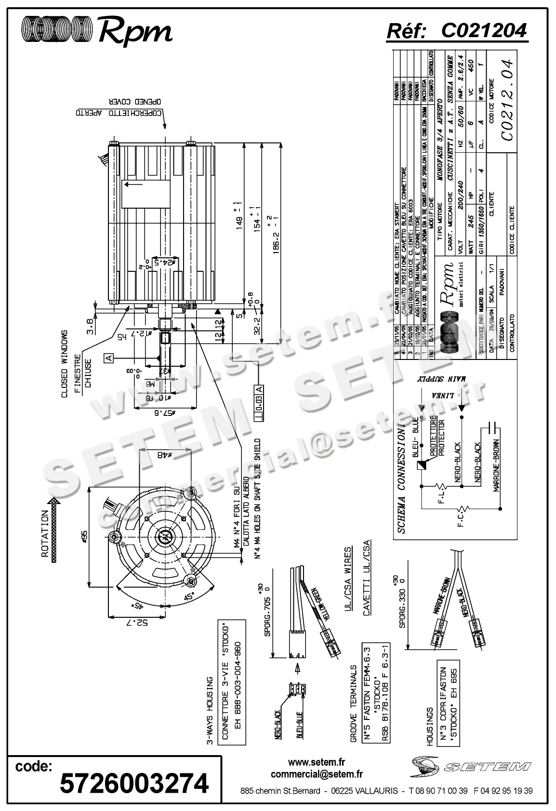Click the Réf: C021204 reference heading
(x=457, y=31)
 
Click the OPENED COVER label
(x=134, y=102)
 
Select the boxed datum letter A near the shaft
(x=109, y=358)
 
